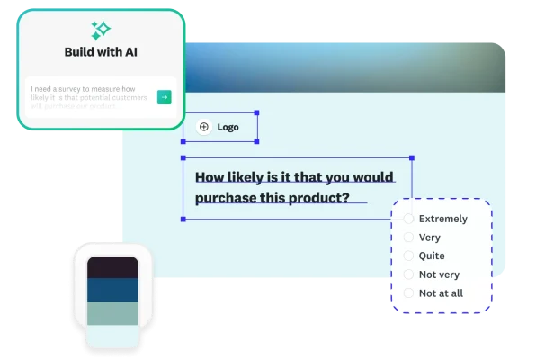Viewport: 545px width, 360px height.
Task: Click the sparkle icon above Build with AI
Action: click(101, 30)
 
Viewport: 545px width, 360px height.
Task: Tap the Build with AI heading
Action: click(101, 52)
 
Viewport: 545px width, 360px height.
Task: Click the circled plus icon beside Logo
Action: click(203, 128)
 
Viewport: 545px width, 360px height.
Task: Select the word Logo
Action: click(228, 128)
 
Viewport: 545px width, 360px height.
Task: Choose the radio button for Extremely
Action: click(408, 219)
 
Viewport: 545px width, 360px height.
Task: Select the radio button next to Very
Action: click(408, 238)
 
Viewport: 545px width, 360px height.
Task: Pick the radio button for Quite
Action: click(408, 256)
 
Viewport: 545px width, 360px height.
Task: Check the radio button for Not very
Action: click(408, 274)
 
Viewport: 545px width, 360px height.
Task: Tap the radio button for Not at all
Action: click(408, 292)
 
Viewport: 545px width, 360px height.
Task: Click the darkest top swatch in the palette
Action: click(112, 267)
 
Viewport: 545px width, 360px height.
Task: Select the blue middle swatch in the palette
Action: click(112, 290)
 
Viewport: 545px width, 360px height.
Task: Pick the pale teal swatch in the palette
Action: click(112, 312)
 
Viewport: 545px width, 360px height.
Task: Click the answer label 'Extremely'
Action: click(443, 219)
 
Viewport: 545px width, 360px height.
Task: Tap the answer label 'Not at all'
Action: click(442, 292)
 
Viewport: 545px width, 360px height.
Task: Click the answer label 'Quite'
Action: click(432, 256)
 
